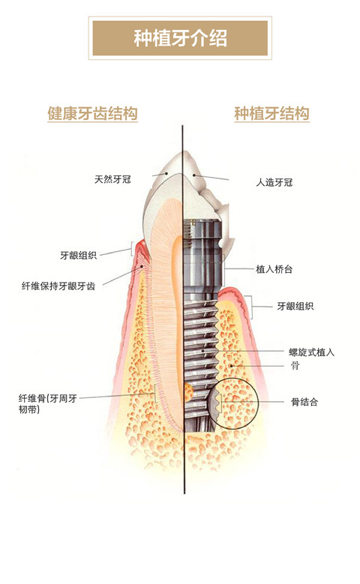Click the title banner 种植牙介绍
point(180,38)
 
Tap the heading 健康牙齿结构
point(92,114)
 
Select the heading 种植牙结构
point(271,114)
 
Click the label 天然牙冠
point(112,179)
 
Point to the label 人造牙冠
point(274,182)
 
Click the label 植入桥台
point(274,269)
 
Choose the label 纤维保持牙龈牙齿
point(58,286)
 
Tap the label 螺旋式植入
point(311,352)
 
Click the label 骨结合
point(304,402)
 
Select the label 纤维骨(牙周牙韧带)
point(48,404)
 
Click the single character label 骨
point(295,365)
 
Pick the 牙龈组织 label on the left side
point(78,255)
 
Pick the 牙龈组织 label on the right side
point(295,306)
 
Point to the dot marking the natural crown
point(166,173)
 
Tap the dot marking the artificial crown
point(193,175)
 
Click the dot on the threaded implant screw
point(202,350)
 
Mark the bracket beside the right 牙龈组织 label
point(251,307)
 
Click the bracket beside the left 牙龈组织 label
point(131,248)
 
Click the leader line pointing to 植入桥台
point(239,268)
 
